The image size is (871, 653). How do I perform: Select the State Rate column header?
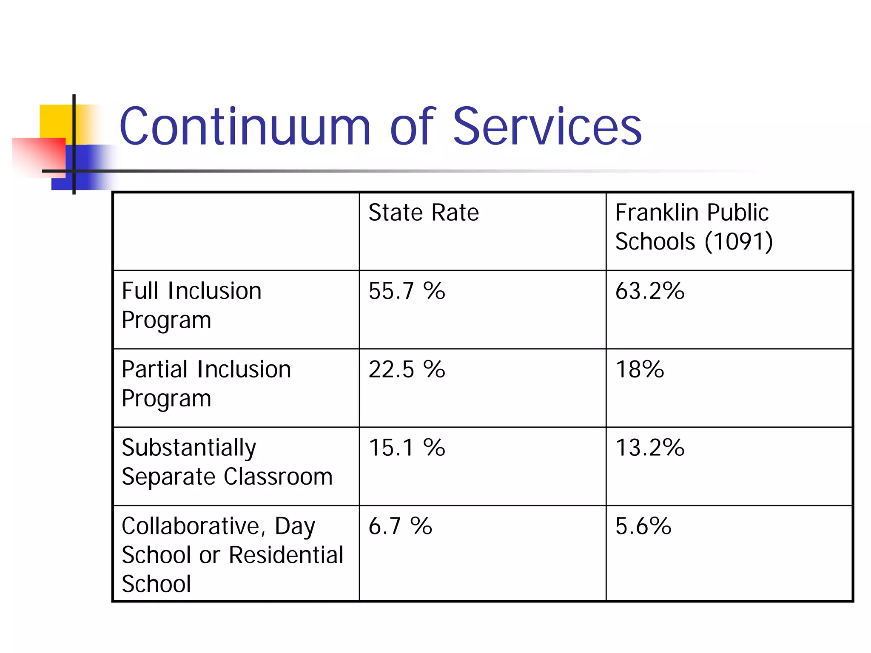[x=423, y=213]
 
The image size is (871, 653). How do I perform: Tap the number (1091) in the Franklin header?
[x=738, y=241]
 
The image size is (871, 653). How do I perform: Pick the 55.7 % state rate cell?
[x=407, y=291]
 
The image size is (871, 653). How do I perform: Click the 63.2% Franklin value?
[x=649, y=291]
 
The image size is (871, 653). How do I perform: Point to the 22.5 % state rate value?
[x=407, y=369]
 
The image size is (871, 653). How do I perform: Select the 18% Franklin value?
[x=639, y=369]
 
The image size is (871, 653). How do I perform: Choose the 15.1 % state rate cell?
[x=407, y=448]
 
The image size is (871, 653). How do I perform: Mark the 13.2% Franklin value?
[x=649, y=448]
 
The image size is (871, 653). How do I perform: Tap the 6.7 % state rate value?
[x=400, y=526]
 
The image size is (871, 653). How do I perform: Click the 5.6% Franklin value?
[x=643, y=526]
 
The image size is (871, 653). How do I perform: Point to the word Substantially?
[x=189, y=449]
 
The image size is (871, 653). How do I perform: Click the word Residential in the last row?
[x=286, y=555]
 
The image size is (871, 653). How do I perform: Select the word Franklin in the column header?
[x=657, y=213]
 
